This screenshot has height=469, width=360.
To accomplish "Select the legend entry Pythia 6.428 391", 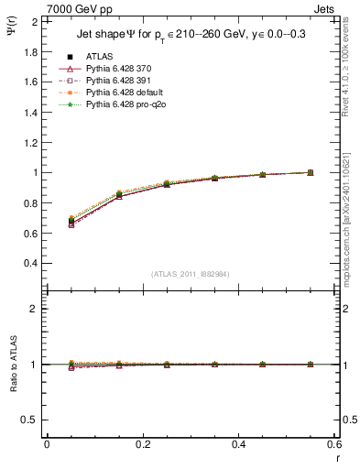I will pyautogui.click(x=116, y=80).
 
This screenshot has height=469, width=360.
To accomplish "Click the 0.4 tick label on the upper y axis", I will pyautogui.click(x=31, y=263).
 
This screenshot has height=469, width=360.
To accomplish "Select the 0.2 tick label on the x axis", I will pyautogui.click(x=143, y=444).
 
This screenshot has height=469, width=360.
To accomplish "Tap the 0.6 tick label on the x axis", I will pyautogui.click(x=334, y=444).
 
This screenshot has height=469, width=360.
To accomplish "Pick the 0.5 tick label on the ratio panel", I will pyautogui.click(x=31, y=420).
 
